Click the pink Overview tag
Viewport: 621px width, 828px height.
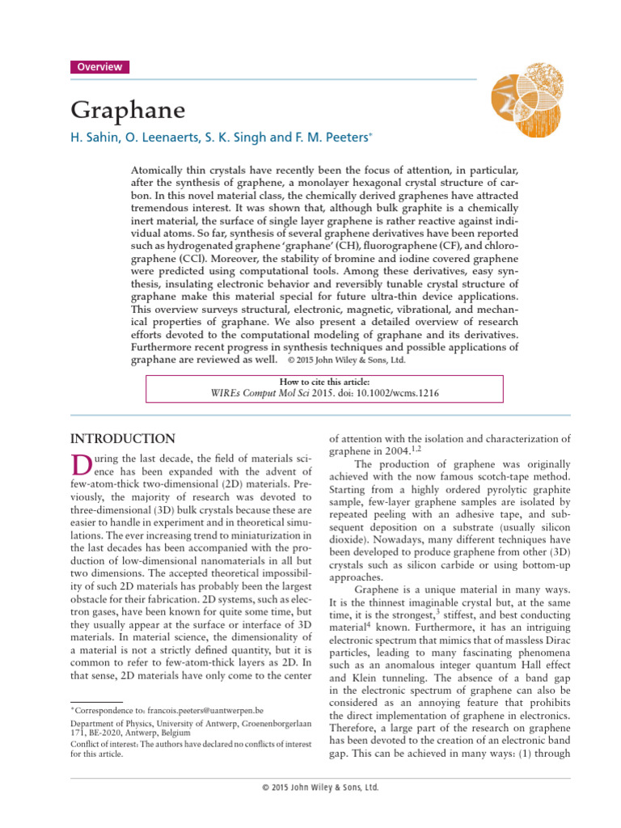100,67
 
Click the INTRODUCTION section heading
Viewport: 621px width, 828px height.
123,439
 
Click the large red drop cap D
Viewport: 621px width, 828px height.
79,467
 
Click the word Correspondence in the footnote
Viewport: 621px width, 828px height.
103,709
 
